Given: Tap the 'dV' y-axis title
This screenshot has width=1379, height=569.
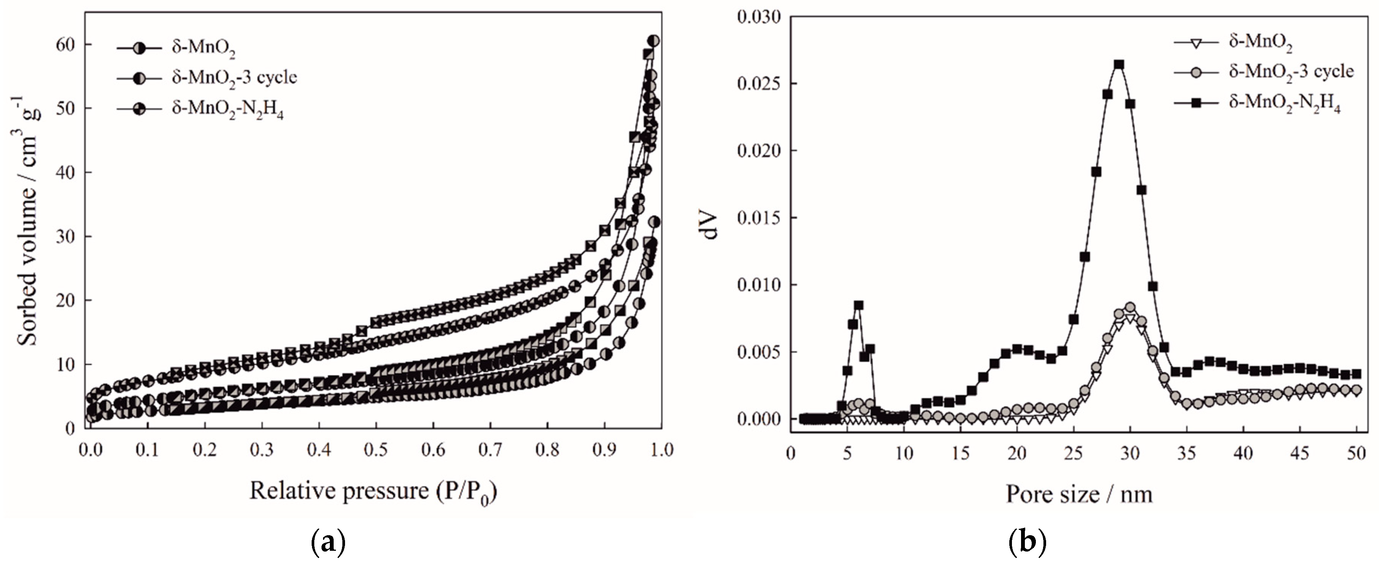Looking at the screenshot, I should pyautogui.click(x=711, y=226).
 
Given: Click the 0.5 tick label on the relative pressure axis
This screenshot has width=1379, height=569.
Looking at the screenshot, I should pyautogui.click(x=376, y=450).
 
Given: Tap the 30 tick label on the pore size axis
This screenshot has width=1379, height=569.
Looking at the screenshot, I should pyautogui.click(x=1130, y=453).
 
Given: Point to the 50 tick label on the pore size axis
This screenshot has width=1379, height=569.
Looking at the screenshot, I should pyautogui.click(x=1356, y=453).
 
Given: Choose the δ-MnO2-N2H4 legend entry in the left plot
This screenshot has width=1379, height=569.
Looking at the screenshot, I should pyautogui.click(x=227, y=110).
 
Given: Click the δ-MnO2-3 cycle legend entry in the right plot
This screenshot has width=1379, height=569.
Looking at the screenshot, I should pyautogui.click(x=1291, y=71).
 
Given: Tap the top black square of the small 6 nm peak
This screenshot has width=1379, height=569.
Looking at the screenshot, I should pyautogui.click(x=858, y=305).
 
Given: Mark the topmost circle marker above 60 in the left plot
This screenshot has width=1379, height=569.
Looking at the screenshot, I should pyautogui.click(x=654, y=41).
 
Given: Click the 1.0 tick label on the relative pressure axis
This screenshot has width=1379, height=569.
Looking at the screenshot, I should pyautogui.click(x=662, y=450).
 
